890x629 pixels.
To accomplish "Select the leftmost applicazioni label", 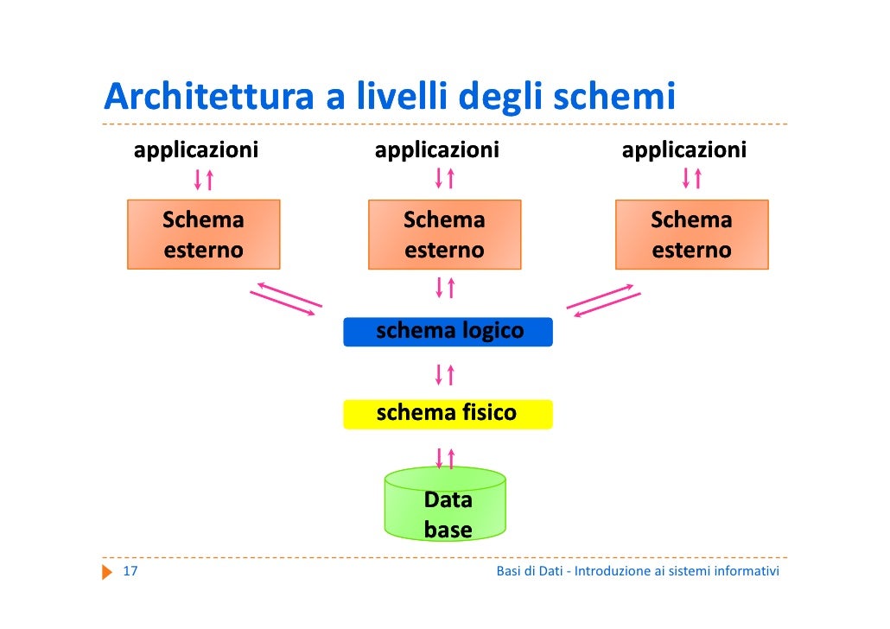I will [195, 151].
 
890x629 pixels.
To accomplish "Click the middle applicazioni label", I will [436, 151].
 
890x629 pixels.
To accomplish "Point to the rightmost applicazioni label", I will [683, 151].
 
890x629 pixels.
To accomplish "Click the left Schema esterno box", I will [203, 234].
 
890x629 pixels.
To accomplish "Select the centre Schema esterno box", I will [444, 234].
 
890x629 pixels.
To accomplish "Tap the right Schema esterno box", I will [691, 234].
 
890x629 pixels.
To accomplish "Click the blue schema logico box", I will [448, 332].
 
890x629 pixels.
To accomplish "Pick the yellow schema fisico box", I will [448, 414].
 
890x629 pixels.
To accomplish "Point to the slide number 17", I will [130, 572].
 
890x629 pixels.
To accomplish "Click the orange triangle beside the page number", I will [107, 572].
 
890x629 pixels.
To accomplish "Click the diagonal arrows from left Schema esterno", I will [286, 299].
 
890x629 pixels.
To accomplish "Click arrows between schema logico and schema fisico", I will [445, 374].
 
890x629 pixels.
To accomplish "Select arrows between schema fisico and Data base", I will [445, 457].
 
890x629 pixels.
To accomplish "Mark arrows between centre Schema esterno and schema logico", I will [445, 287].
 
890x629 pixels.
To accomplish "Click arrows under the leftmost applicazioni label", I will [203, 179].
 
